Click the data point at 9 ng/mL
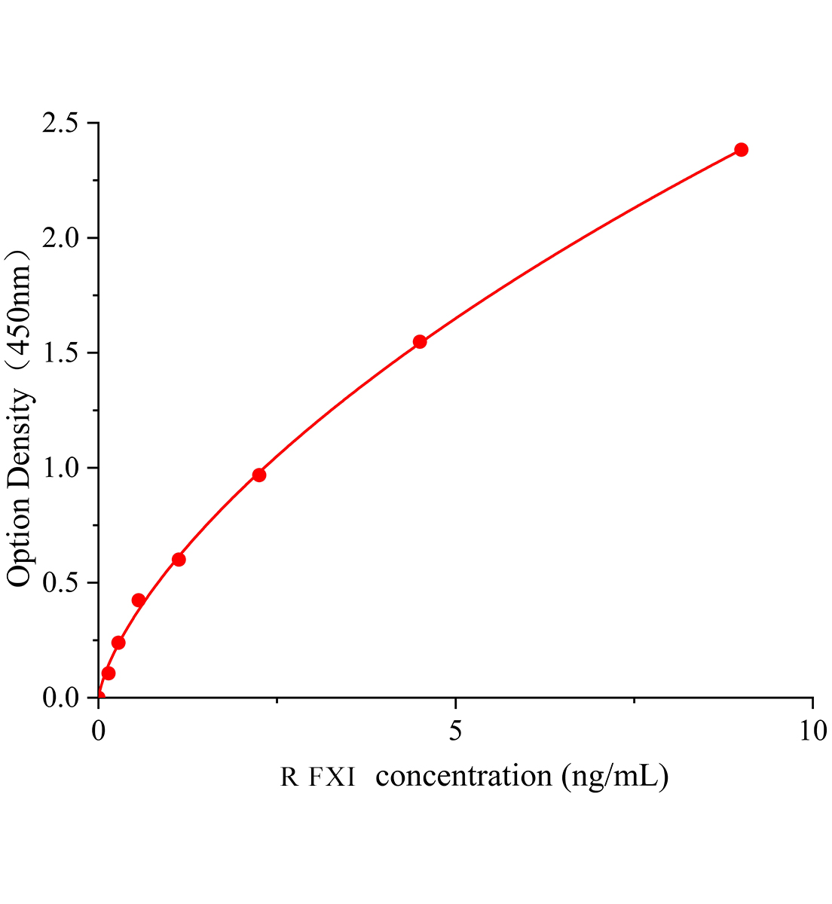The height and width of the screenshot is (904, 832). (741, 149)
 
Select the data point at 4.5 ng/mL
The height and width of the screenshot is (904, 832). (420, 341)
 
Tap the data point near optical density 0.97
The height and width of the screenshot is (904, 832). (258, 475)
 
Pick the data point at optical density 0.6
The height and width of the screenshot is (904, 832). (179, 559)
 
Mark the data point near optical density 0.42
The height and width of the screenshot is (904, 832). (138, 600)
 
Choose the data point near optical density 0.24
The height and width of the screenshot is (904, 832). (118, 642)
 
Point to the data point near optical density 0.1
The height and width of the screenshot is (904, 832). (109, 673)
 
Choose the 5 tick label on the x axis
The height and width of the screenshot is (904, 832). (455, 730)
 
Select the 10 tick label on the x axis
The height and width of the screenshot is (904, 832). (812, 730)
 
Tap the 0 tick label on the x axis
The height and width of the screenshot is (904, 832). (99, 730)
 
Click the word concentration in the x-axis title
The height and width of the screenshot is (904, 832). (463, 775)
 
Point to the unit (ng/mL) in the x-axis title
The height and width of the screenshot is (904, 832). (615, 775)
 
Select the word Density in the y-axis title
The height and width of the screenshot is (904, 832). (20, 440)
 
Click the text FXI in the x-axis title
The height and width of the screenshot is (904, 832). (331, 777)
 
